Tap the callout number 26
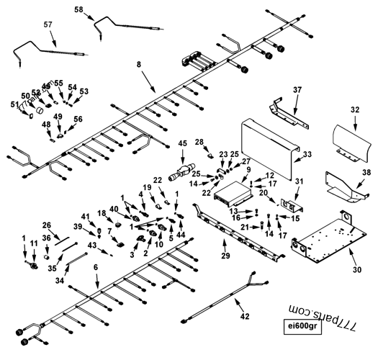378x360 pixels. pos(47,225)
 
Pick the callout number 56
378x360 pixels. pos(78,119)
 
